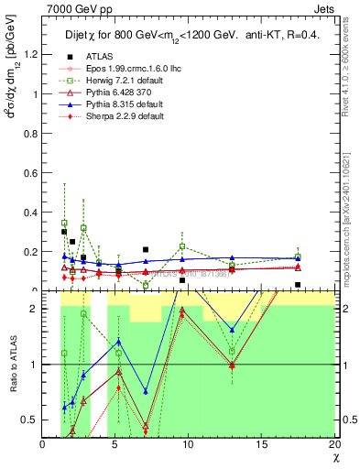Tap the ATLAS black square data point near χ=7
click(146, 249)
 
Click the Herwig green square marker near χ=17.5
click(298, 257)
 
